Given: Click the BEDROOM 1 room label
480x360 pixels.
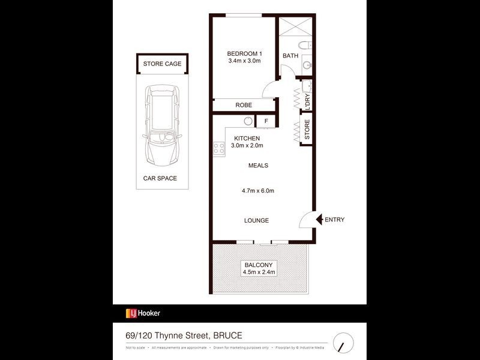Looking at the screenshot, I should (244, 53).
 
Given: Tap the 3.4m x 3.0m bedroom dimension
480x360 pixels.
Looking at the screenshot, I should (244, 61).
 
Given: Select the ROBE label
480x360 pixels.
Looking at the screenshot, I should (243, 105).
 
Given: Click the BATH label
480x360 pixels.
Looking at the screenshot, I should (290, 56).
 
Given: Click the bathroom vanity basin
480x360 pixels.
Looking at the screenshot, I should (305, 65).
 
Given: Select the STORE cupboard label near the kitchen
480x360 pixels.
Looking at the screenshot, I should (307, 131).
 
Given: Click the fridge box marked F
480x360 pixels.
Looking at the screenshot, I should (265, 121).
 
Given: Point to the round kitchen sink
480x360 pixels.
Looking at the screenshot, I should (247, 121).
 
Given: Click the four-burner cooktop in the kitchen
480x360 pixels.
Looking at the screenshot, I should (218, 148).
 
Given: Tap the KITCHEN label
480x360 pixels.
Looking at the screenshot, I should (247, 138).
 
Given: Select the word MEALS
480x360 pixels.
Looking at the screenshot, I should (258, 166).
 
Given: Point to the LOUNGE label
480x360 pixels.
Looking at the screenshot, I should (256, 220).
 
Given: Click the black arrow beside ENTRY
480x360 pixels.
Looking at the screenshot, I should (319, 220).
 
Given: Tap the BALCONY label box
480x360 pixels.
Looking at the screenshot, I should (258, 268).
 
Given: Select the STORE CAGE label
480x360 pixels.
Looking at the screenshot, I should (162, 64).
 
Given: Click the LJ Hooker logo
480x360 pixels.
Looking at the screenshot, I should (143, 313).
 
